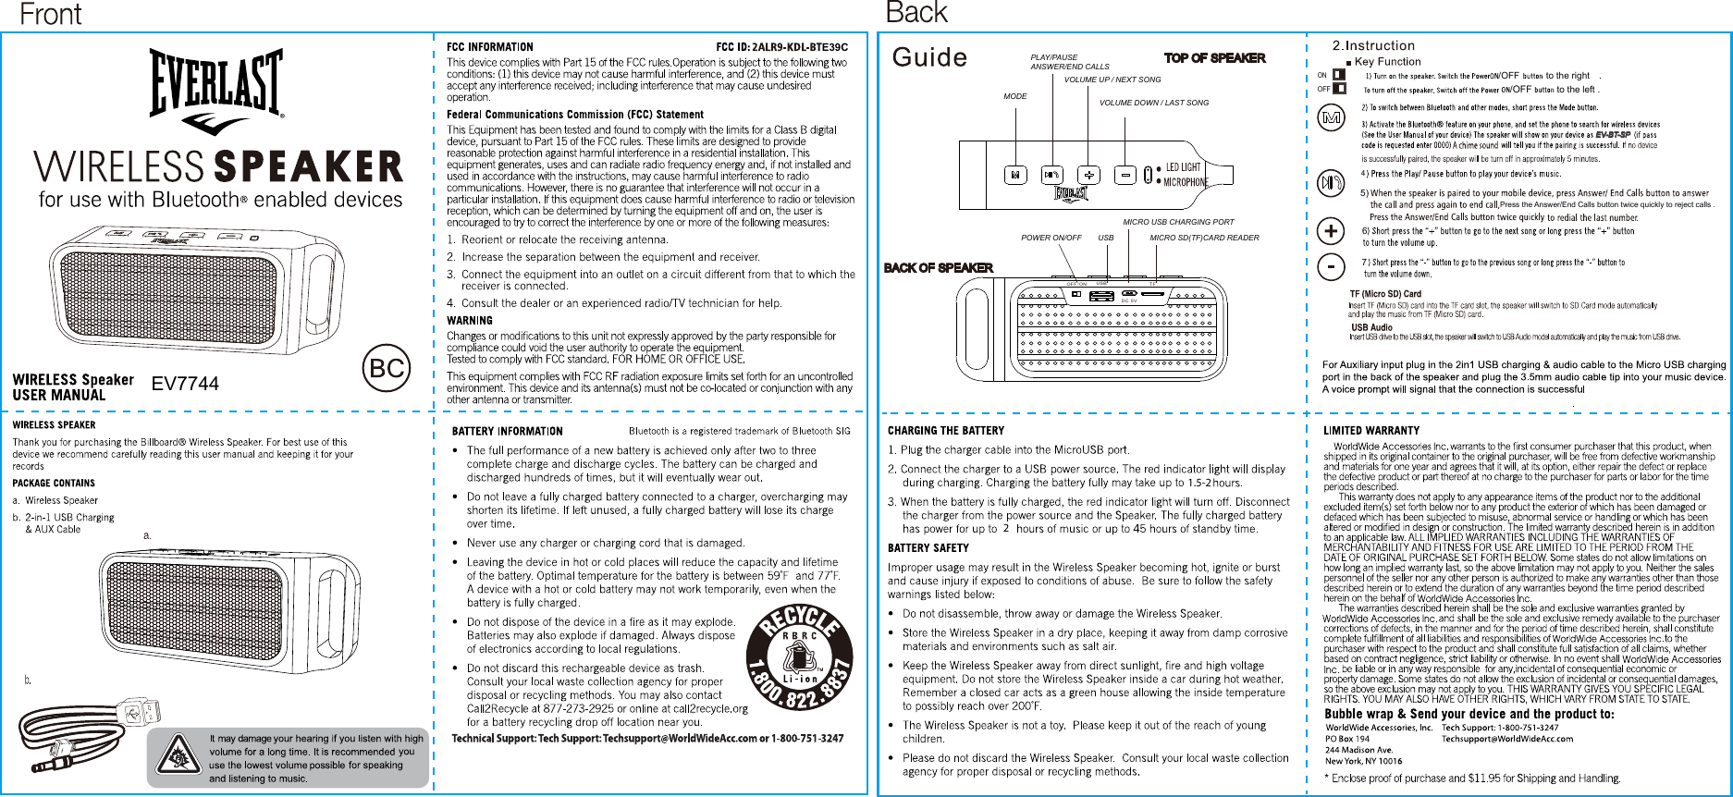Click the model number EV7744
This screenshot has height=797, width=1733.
point(185,384)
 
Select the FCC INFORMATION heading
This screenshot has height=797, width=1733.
point(489,47)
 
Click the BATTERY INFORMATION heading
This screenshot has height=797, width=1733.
point(506,431)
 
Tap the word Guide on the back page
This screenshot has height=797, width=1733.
point(929,58)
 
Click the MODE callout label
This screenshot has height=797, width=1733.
point(1015,96)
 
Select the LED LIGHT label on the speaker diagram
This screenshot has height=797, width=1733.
point(1183,167)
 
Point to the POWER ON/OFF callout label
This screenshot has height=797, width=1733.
point(1051,239)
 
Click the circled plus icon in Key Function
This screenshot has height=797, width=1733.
point(1331,228)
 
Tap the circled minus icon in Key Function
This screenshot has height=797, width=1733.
point(1331,266)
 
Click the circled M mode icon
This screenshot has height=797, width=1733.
point(1331,119)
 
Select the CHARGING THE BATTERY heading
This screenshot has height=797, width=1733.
point(945,431)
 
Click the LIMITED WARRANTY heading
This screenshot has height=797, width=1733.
point(1370,431)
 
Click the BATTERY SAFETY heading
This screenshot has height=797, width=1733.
point(928,548)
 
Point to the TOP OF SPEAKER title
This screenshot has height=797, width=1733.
point(1214,58)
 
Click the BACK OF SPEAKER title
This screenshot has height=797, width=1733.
point(939,268)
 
